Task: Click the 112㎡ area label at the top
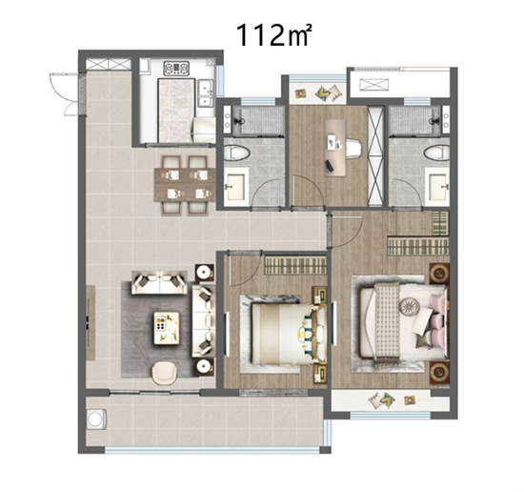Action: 273,35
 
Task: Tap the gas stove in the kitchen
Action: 176,68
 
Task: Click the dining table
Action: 185,185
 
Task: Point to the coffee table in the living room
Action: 167,328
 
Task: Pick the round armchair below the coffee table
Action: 165,373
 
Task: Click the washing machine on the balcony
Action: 96,420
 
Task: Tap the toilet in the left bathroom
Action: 236,154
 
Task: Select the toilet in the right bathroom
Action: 436,154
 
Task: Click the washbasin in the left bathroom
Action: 236,186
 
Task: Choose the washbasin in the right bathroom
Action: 437,186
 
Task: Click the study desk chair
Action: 353,148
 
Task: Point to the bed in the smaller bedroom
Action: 288,334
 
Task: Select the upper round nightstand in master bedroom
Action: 439,274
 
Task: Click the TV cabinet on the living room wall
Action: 91,322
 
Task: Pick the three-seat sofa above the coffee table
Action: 159,282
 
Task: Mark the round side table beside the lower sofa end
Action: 204,367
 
